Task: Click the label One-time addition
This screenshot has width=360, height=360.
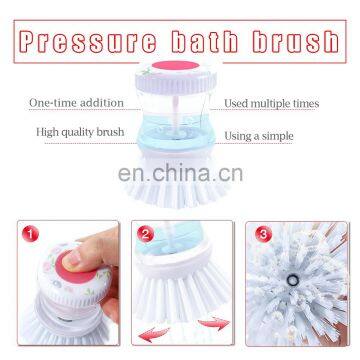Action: (x=77, y=102)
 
